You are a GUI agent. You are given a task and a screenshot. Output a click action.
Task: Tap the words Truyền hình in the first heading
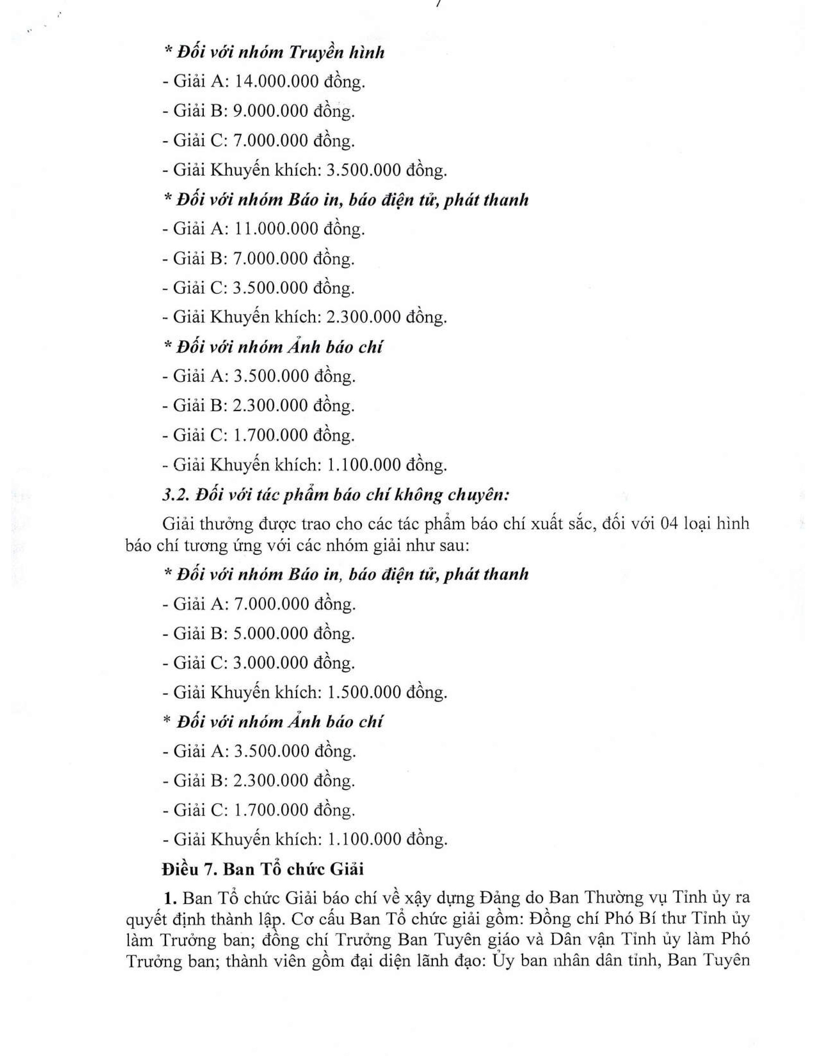336,52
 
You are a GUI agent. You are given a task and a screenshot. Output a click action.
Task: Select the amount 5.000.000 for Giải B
271,633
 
